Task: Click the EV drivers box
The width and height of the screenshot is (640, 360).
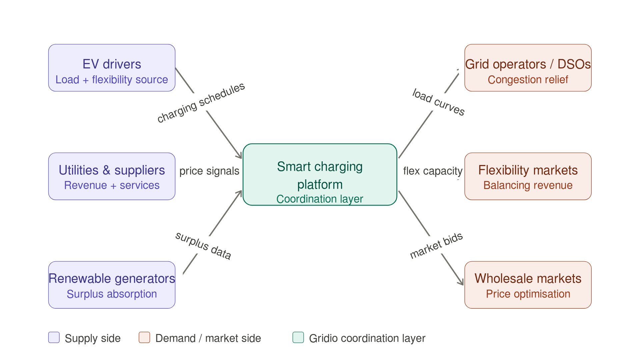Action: [x=112, y=68]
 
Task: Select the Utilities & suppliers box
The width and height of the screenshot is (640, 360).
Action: [x=112, y=176]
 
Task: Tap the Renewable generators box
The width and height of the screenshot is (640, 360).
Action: [x=112, y=285]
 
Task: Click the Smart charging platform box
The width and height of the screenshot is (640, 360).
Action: [x=320, y=174]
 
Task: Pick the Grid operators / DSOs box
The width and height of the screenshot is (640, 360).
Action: [x=528, y=68]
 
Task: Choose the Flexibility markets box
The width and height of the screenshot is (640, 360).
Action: [x=528, y=176]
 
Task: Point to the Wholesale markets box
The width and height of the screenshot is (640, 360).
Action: [x=528, y=285]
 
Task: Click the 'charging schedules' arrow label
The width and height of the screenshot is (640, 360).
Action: [x=201, y=102]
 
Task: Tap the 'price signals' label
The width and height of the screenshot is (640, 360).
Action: [x=209, y=171]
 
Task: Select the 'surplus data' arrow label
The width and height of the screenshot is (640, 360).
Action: [x=203, y=246]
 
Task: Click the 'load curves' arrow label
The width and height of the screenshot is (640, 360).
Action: [x=438, y=102]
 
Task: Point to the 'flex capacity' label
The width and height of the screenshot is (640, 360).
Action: [x=433, y=171]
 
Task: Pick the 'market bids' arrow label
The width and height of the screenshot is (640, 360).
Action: [x=436, y=246]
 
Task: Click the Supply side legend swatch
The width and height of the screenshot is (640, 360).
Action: [x=54, y=337]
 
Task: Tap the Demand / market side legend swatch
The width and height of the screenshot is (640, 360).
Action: [x=144, y=337]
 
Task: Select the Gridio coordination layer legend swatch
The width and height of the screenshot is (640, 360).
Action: [x=298, y=337]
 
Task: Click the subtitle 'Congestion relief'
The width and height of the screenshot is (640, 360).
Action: [x=528, y=80]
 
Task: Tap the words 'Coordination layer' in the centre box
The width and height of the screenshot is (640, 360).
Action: [x=320, y=199]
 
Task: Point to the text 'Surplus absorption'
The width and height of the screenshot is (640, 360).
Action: [x=112, y=294]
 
